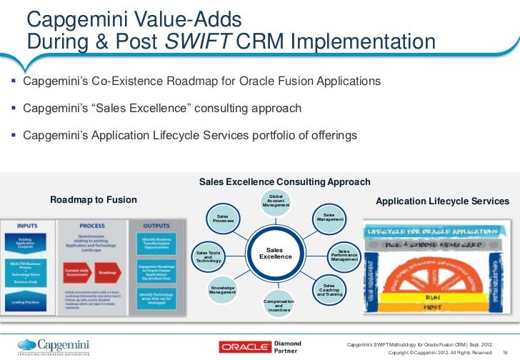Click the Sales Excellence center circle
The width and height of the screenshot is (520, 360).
pos(275,253)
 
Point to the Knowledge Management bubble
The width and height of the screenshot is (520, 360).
pos(223,290)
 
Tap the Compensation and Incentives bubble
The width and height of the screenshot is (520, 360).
pos(279,306)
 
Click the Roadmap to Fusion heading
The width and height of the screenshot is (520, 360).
pos(93,199)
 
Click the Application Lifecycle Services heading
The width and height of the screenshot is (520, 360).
pos(442,202)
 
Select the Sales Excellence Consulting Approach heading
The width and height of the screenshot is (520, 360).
pos(284,182)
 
